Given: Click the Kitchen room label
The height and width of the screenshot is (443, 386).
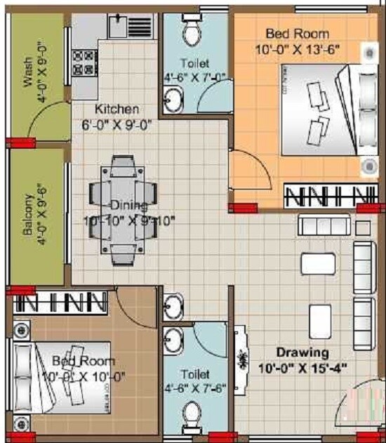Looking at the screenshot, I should coord(117,110).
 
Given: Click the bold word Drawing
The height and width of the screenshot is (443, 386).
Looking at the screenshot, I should coord(302,352).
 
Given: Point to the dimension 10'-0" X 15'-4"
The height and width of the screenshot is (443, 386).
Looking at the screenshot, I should coord(302,366).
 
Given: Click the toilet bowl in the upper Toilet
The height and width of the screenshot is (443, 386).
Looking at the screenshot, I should coord(191,32).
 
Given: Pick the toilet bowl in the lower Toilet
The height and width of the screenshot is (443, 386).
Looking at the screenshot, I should coord(190,417).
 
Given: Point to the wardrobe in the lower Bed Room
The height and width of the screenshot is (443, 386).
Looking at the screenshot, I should coord(61,303).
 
